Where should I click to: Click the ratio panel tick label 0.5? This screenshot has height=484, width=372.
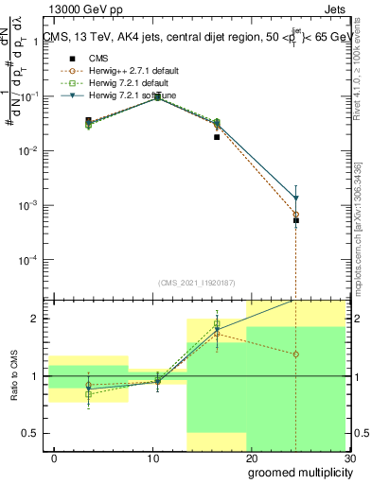tap(31, 433)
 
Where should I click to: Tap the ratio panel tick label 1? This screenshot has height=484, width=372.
tap(36, 376)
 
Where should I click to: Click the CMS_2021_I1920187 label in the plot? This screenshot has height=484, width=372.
tap(196, 283)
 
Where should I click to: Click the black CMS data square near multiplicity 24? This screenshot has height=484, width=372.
tap(296, 219)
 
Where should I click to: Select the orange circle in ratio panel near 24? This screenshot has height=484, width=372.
tap(296, 354)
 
